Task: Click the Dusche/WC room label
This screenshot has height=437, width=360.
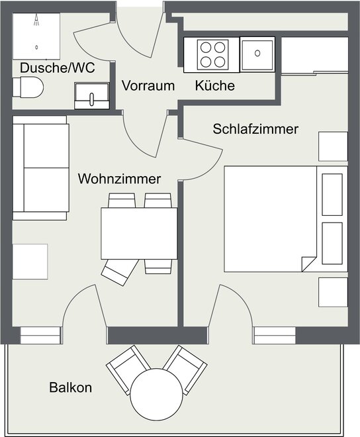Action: click(x=58, y=68)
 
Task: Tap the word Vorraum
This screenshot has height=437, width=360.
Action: click(x=148, y=85)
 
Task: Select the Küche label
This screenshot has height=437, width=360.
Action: click(x=215, y=85)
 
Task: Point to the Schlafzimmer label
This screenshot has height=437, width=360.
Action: click(x=255, y=129)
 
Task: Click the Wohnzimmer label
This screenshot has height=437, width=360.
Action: click(x=119, y=179)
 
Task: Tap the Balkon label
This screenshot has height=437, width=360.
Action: click(x=71, y=387)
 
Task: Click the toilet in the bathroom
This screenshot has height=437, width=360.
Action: click(x=28, y=87)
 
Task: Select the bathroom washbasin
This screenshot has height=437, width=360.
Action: click(x=92, y=95)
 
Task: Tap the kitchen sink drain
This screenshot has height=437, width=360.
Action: click(x=257, y=53)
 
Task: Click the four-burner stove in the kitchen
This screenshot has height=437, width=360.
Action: click(x=213, y=54)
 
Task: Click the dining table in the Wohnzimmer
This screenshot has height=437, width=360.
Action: click(x=139, y=234)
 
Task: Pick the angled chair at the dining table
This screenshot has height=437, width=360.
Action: click(x=120, y=271)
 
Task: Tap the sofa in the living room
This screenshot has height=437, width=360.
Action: click(x=40, y=168)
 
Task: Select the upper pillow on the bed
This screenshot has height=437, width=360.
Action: click(x=332, y=195)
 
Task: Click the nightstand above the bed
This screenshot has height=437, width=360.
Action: click(x=333, y=146)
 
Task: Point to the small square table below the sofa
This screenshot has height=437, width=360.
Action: click(x=30, y=262)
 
